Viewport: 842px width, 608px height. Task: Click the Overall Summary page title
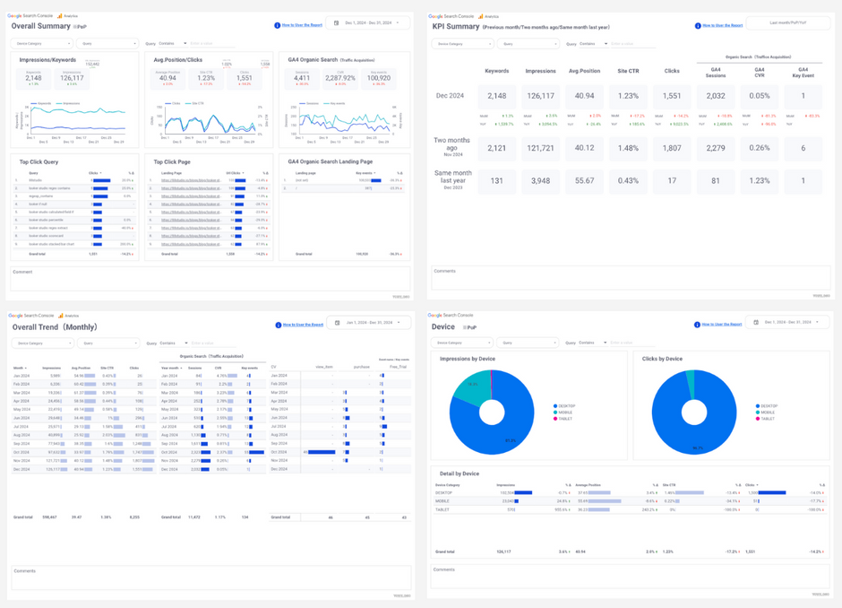coord(40,26)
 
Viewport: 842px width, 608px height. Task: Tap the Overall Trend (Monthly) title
coord(54,327)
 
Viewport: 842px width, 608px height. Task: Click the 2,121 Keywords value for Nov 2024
coord(495,148)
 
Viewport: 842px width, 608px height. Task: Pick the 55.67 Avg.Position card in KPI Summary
coord(584,180)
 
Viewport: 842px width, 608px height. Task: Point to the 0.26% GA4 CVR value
coord(759,148)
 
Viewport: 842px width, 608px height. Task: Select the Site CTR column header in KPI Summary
coord(628,71)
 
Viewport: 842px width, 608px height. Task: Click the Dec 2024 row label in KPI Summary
coord(451,96)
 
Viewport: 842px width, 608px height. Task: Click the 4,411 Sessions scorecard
coord(302,78)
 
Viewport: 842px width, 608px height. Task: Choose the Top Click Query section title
coord(39,161)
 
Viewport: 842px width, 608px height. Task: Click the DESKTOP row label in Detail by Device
coord(443,492)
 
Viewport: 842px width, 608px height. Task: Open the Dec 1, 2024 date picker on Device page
coord(788,322)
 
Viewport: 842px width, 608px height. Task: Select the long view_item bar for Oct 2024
coord(321,452)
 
